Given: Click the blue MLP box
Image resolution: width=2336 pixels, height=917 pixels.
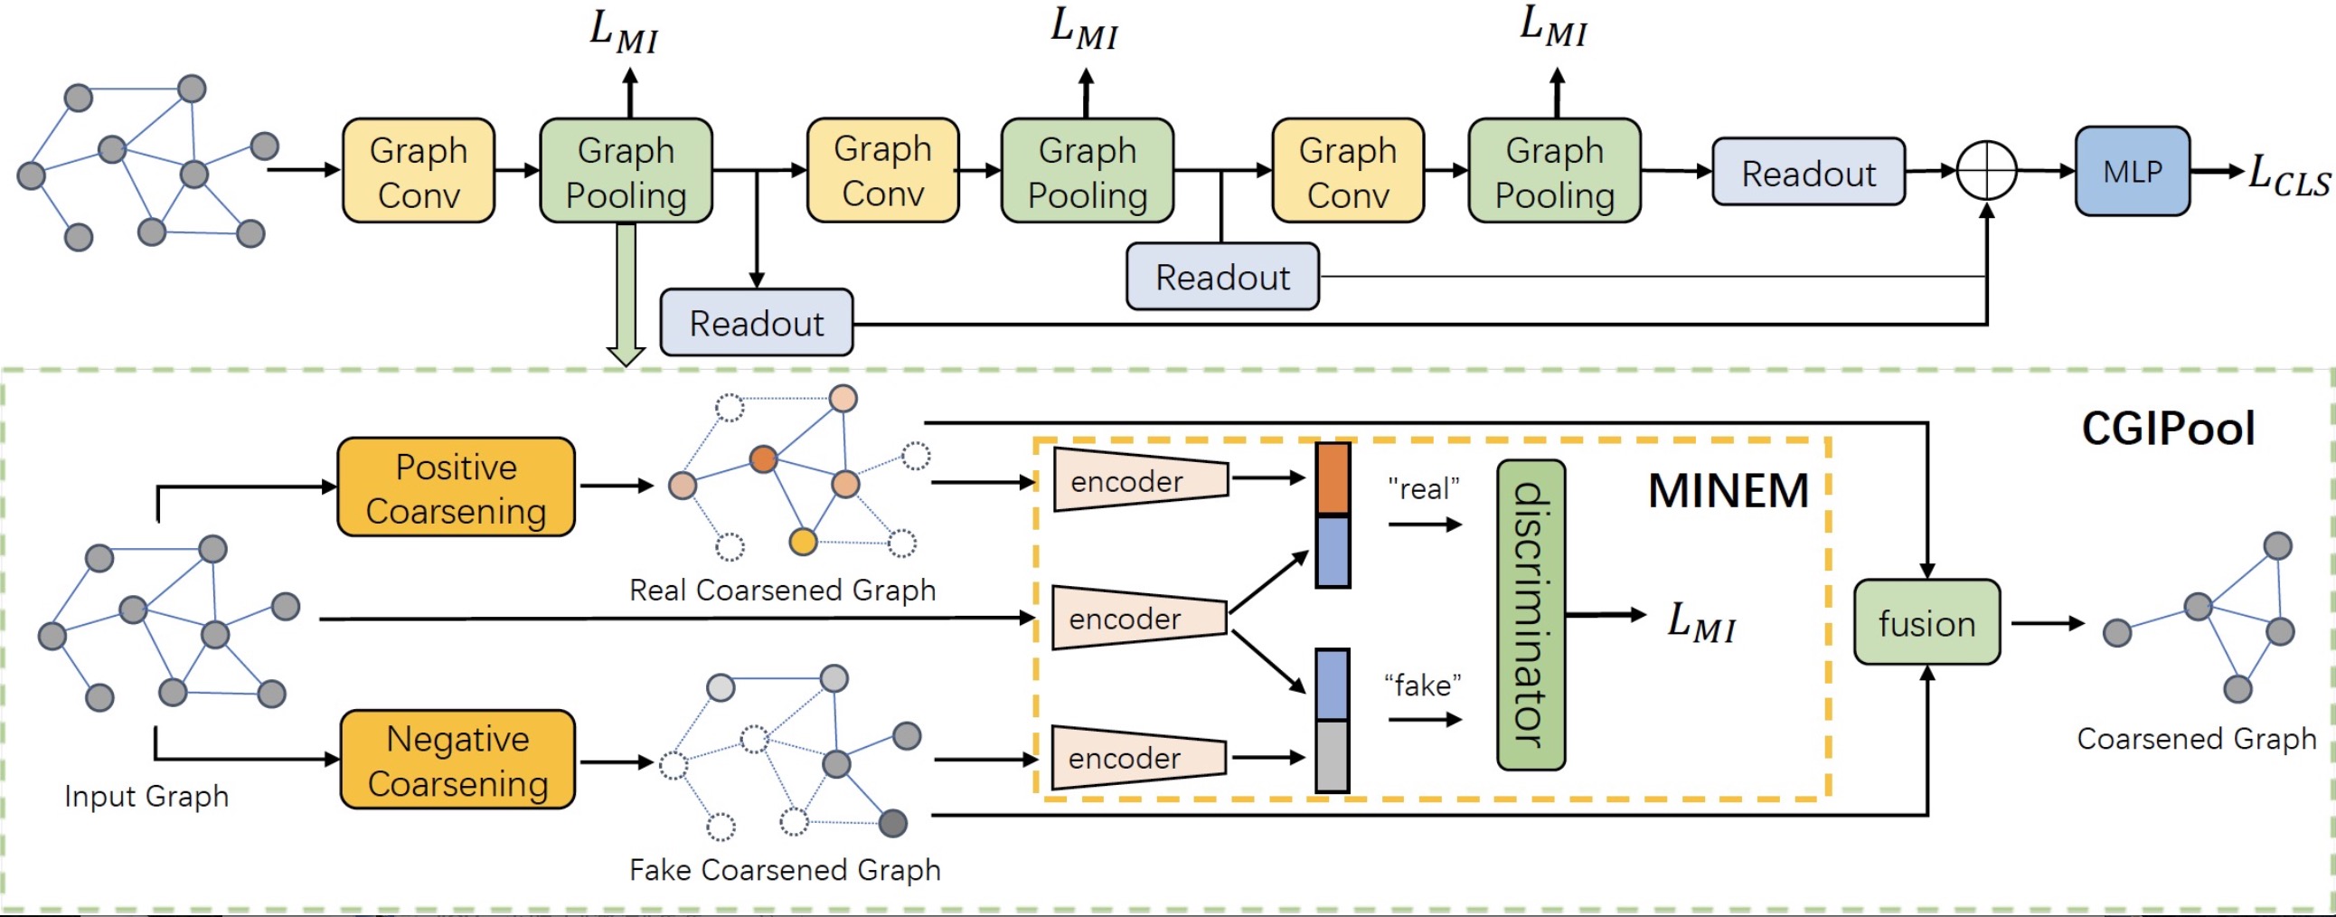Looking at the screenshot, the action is (x=2132, y=171).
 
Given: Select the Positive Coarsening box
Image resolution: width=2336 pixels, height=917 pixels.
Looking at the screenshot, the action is (x=457, y=487).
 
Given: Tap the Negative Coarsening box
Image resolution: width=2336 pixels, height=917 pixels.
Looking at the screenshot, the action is (x=458, y=759).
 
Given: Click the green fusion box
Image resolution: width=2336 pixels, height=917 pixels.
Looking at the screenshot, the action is (x=1927, y=622).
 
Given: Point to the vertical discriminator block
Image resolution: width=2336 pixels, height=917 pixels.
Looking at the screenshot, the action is (x=1531, y=615).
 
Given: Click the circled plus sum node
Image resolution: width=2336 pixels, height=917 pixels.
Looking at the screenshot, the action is (x=1986, y=171).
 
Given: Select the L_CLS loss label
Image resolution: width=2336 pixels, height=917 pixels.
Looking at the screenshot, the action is (x=2289, y=175).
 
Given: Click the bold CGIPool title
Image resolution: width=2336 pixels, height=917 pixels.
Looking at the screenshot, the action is (x=2167, y=428).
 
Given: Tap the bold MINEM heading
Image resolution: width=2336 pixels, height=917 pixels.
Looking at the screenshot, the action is (x=1728, y=491).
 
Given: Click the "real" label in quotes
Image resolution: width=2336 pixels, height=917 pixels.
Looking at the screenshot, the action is (x=1424, y=489).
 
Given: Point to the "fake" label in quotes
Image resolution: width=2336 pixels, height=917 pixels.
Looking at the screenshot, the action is (x=1422, y=685).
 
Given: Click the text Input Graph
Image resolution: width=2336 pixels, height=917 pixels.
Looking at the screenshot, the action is (x=146, y=797).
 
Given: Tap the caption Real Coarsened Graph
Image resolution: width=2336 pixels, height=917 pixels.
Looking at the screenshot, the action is (x=783, y=591).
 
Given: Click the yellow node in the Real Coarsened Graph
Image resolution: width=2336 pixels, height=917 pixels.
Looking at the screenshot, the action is (x=803, y=542).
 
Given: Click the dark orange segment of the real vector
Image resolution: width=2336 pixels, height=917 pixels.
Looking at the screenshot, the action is (x=1333, y=480).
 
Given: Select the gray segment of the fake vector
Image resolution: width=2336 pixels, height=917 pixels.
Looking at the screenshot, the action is (x=1333, y=755).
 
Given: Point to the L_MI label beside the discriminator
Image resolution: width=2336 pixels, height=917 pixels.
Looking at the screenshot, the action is (x=1701, y=622).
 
